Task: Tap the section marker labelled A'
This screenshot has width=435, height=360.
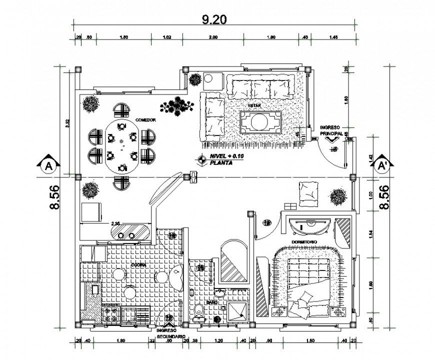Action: click(383, 164)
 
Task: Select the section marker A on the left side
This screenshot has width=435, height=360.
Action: click(48, 164)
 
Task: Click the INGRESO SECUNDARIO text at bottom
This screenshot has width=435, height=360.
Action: click(170, 333)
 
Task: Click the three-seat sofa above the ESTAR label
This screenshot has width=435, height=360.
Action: click(260, 88)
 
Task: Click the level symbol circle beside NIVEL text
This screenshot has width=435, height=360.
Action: click(201, 159)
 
